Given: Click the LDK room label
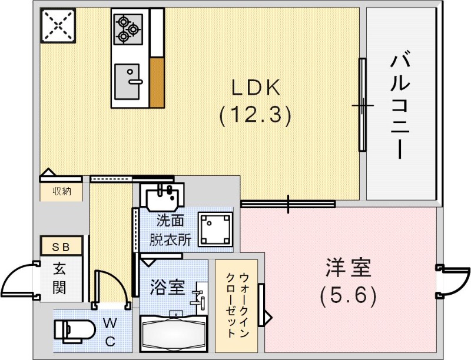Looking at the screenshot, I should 254,88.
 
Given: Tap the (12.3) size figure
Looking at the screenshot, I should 255,115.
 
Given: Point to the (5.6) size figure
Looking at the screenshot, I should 348,295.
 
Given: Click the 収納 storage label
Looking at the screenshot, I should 62,191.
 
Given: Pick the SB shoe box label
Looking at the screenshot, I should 61,247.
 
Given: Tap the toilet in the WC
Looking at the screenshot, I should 74,330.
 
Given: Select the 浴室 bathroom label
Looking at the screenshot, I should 167,288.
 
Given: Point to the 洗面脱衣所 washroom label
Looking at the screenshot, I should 170,230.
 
